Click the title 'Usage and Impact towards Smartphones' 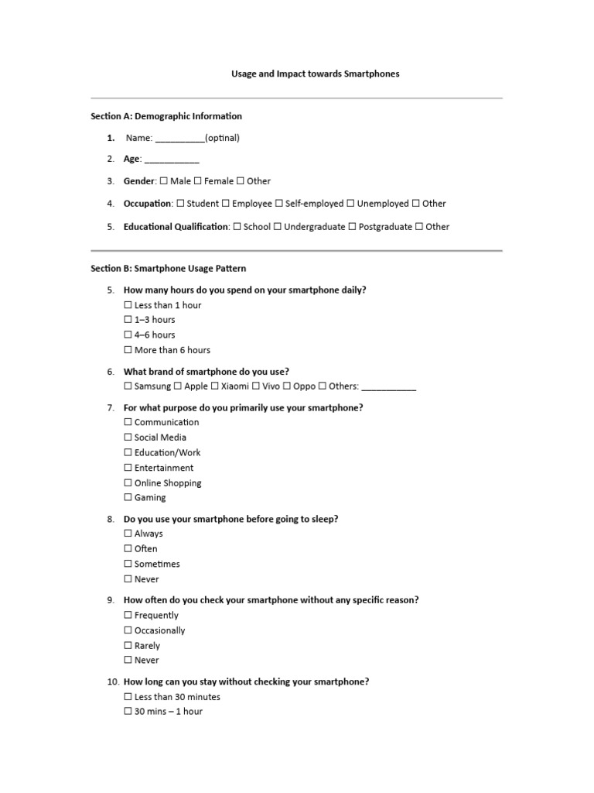316,74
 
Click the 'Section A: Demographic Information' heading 166,116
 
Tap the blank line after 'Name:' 180,139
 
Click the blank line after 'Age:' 172,160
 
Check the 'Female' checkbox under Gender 198,181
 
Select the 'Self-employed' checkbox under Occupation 279,204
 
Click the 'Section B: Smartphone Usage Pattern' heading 169,269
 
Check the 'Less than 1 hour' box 128,305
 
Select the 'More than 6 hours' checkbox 128,350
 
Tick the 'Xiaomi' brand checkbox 215,386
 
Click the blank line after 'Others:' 388,386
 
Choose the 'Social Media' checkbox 128,438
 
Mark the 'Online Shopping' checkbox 128,483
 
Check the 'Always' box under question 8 128,534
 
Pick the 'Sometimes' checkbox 128,564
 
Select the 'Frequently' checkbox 128,616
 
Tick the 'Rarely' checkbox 128,646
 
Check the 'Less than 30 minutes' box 128,697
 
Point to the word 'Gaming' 150,498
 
